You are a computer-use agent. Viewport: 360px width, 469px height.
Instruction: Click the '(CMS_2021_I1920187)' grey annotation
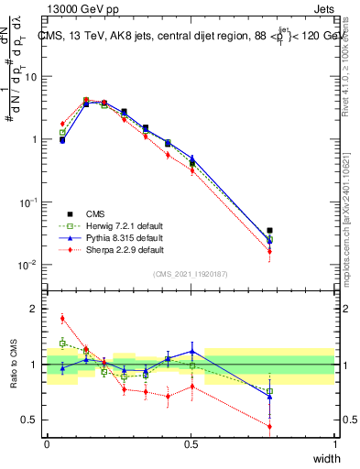coord(191,274)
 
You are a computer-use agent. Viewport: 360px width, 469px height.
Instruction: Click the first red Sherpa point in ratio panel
coord(62,319)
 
